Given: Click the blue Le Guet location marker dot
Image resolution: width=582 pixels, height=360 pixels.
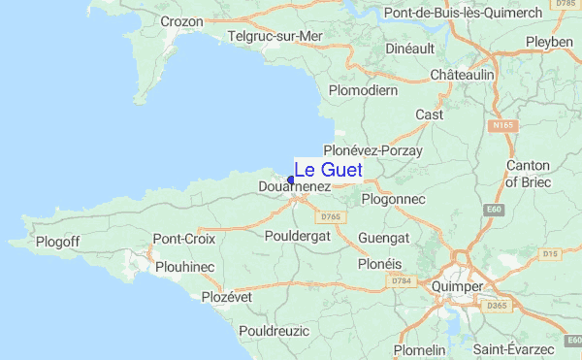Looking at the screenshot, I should (x=291, y=179).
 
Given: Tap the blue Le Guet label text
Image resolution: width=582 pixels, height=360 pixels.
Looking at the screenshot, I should (x=328, y=170).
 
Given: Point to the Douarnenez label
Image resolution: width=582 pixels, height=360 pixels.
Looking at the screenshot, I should (x=296, y=186).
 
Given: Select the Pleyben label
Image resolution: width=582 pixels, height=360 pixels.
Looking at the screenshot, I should (x=550, y=43).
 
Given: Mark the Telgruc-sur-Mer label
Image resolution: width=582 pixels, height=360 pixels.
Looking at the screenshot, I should (x=275, y=36).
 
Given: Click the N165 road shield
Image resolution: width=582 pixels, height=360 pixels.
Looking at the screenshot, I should (x=501, y=126).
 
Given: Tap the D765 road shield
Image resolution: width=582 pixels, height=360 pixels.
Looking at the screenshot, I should (x=332, y=216).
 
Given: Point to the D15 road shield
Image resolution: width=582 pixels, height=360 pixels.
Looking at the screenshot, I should (x=551, y=254).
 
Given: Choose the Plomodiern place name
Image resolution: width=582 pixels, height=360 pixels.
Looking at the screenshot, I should (x=364, y=90).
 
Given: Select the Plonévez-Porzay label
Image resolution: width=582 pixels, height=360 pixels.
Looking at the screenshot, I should (x=372, y=151).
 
